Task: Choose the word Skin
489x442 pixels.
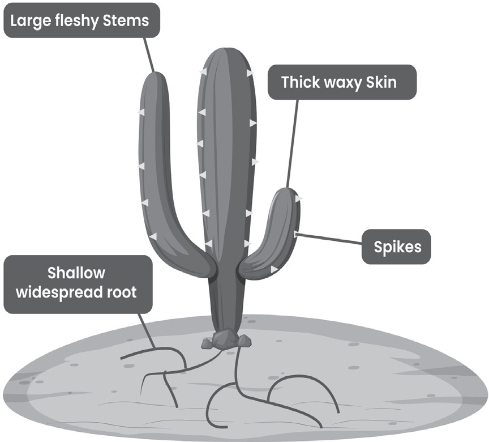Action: [381, 82]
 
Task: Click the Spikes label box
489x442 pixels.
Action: [396, 246]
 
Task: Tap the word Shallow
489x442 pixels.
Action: [76, 273]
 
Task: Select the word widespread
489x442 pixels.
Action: [59, 292]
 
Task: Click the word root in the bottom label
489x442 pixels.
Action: [122, 293]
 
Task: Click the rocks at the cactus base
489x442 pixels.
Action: [226, 339]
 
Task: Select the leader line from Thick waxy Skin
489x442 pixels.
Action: [292, 143]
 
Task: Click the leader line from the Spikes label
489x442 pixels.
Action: [329, 238]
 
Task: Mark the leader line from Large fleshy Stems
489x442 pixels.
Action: [149, 54]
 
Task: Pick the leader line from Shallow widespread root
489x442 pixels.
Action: [147, 331]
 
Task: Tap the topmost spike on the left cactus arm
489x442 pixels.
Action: [141, 112]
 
